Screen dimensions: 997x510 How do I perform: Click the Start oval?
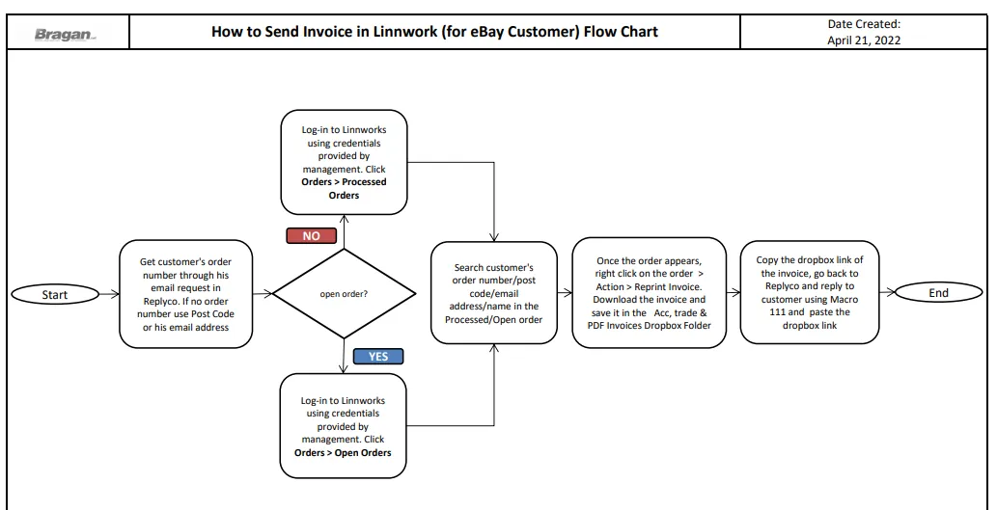click(55, 294)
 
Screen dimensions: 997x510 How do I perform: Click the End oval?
click(938, 293)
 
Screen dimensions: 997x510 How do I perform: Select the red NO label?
click(311, 235)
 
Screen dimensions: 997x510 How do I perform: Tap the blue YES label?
click(377, 357)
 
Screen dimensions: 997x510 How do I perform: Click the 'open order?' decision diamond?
click(344, 293)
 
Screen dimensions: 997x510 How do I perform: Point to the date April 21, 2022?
click(864, 40)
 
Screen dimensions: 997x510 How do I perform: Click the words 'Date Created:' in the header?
click(864, 24)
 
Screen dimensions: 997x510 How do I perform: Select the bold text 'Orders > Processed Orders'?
click(344, 188)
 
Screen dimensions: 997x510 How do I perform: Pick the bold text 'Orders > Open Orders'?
click(343, 453)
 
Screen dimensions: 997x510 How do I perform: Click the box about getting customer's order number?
click(185, 294)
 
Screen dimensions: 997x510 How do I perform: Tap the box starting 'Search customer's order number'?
click(494, 293)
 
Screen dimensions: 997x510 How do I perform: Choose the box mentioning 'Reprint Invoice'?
click(650, 293)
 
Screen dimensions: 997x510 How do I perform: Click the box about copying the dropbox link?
click(810, 292)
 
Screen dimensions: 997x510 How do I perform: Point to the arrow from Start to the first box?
click(109, 294)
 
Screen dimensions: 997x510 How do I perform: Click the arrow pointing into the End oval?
click(887, 293)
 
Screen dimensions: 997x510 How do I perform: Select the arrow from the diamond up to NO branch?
click(344, 231)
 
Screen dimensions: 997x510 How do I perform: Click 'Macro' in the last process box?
click(842, 299)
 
